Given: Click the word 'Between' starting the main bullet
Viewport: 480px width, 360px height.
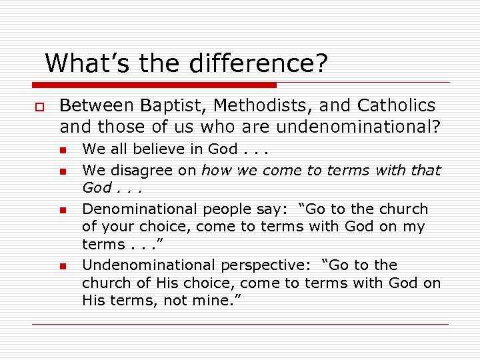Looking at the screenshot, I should (x=97, y=106).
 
